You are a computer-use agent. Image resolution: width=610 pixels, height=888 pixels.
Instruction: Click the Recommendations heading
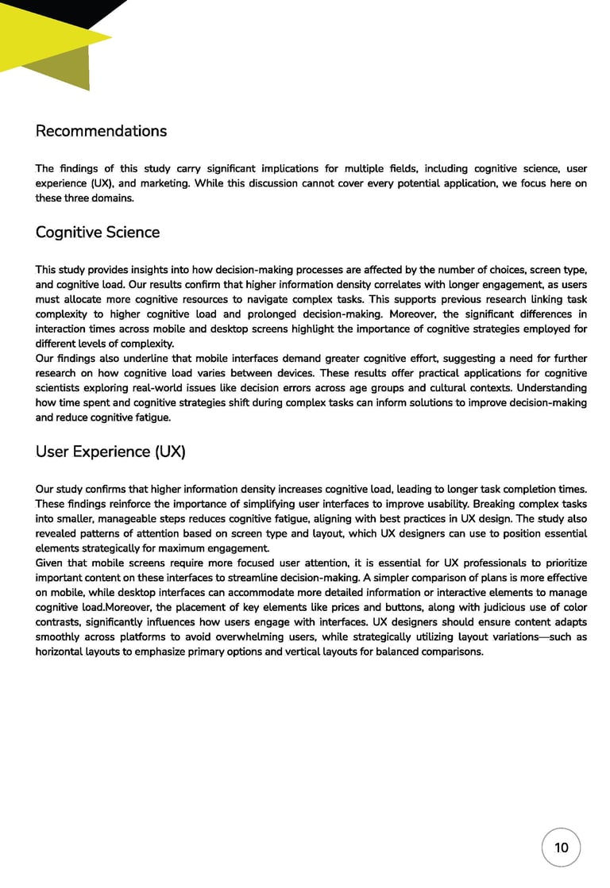101,131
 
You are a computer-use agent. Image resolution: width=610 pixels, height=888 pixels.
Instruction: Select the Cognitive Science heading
97,233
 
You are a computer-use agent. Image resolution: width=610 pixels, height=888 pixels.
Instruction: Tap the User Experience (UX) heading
110,452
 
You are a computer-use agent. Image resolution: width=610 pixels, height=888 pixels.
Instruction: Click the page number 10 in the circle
561,848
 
